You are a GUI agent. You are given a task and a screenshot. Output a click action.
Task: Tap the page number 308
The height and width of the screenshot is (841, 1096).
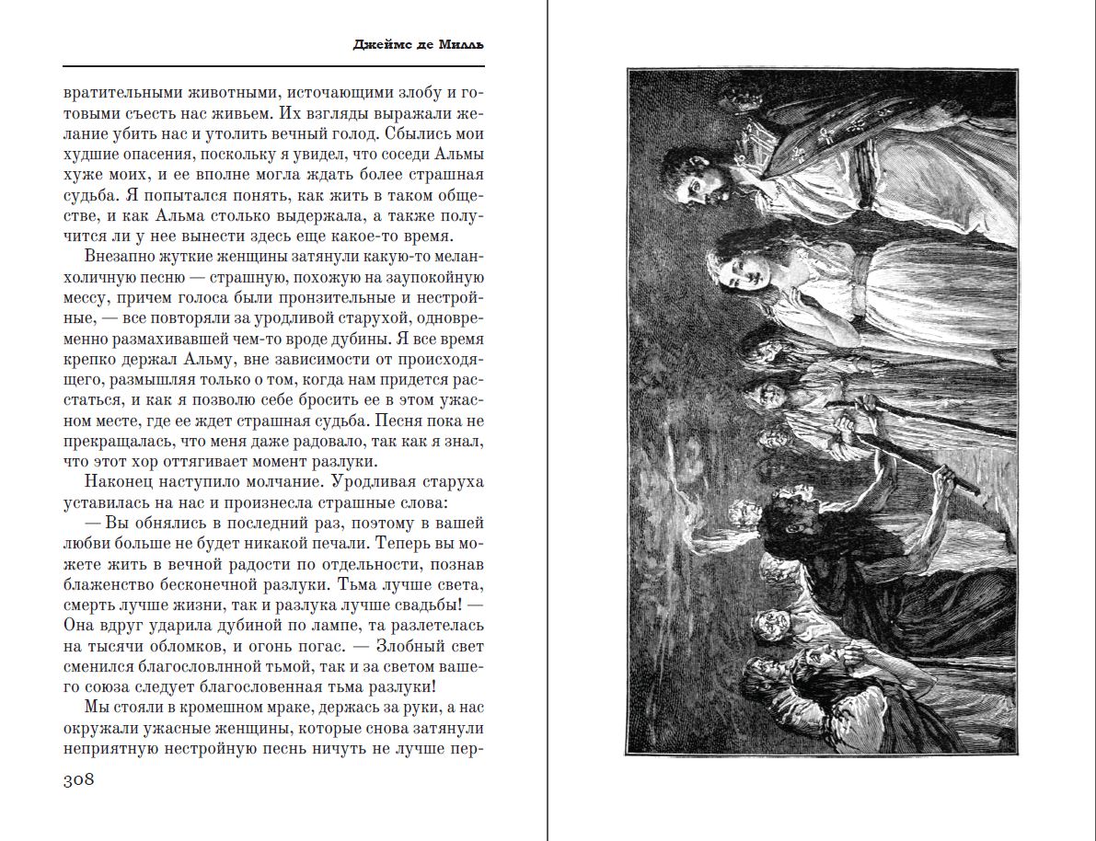point(79,780)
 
